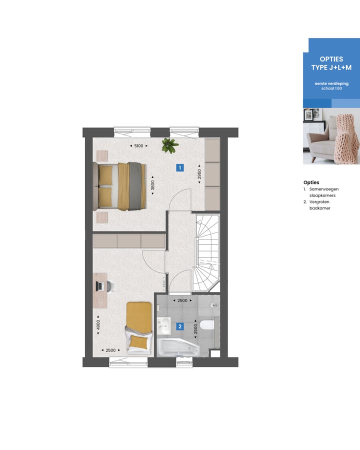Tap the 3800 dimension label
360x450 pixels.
153,184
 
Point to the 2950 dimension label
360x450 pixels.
199,174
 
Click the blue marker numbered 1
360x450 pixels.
179,168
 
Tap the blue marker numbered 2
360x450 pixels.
180,327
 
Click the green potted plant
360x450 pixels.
169,145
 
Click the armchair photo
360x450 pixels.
331,136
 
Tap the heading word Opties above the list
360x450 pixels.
311,182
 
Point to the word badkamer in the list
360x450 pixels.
320,208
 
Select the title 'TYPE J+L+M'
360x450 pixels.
330,67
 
